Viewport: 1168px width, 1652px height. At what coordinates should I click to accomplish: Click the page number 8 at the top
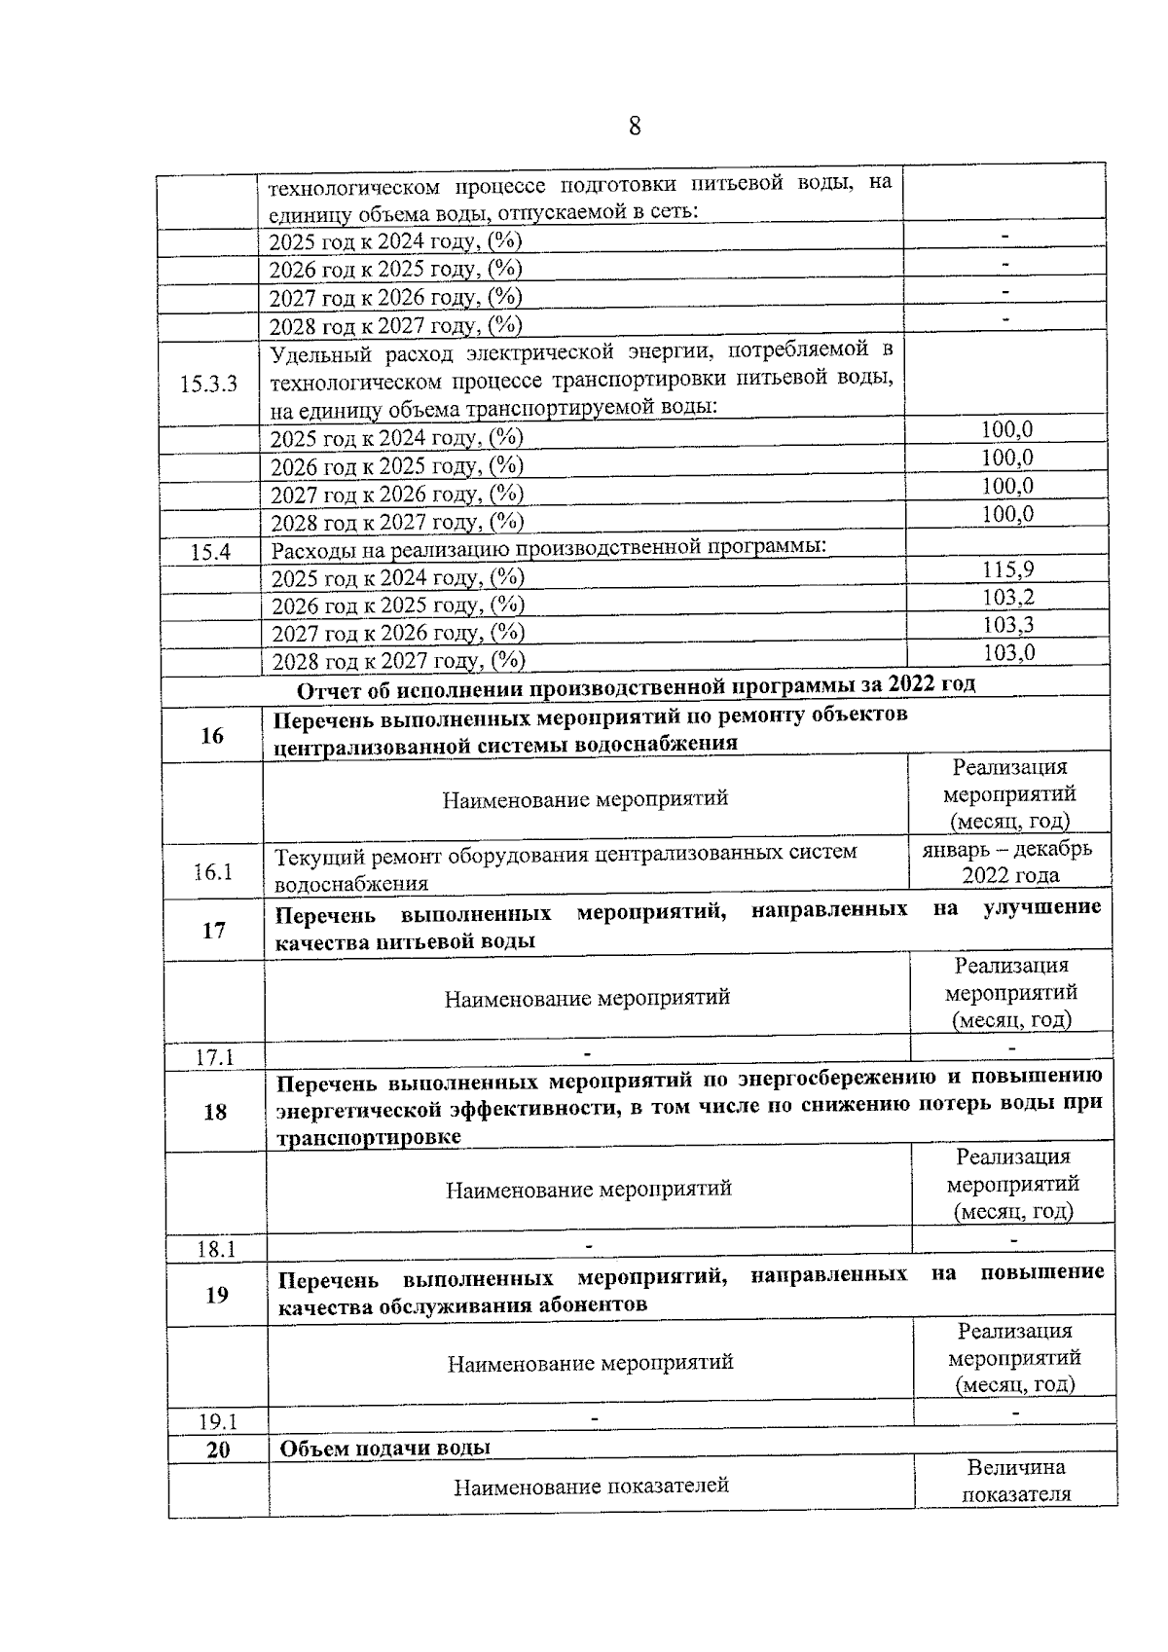coord(634,127)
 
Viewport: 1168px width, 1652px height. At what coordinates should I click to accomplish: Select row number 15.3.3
coord(208,384)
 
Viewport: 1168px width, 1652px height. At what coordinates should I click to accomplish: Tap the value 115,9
coord(1008,569)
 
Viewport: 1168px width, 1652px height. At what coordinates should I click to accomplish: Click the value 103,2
coord(1008,597)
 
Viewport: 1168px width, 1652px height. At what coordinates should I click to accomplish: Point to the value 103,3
coord(1008,625)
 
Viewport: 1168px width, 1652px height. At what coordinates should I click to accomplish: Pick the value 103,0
coord(1008,652)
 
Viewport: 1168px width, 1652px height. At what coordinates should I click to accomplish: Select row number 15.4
coord(210,553)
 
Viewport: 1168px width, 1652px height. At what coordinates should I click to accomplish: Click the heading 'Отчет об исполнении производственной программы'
coord(636,685)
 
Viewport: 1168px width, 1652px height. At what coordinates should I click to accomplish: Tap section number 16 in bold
coord(212,736)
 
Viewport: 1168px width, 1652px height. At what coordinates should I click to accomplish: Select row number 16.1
coord(213,871)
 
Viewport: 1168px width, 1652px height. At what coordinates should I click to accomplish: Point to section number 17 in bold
coord(214,931)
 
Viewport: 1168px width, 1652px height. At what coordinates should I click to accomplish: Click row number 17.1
coord(215,1057)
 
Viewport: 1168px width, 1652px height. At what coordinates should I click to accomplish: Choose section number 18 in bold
coord(215,1112)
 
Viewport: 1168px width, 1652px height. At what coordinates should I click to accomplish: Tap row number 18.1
coord(217,1249)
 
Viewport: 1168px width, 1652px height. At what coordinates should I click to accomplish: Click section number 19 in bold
coord(217,1295)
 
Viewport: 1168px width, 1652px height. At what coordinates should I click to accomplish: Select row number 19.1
coord(218,1421)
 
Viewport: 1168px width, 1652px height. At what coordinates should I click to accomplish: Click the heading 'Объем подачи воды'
coord(385,1448)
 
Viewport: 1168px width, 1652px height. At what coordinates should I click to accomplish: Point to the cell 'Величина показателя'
coord(1016,1481)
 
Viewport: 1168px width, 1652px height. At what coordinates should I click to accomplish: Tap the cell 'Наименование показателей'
coord(591,1486)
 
